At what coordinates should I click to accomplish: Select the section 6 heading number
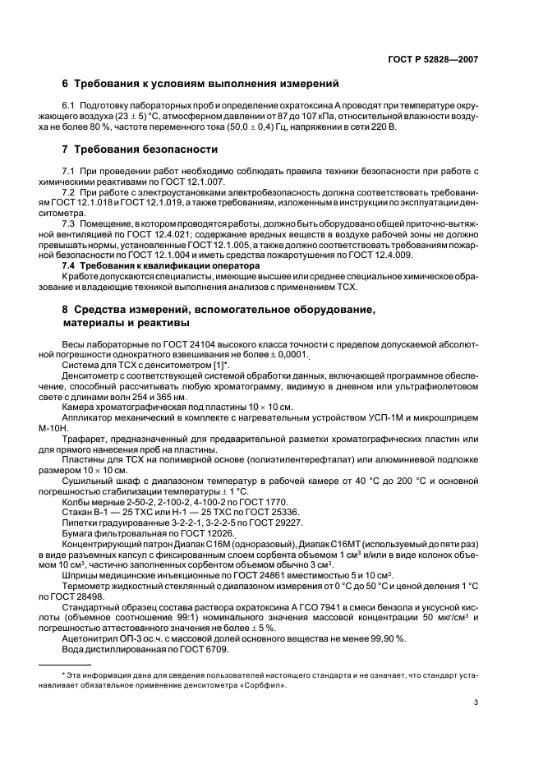tap(66, 84)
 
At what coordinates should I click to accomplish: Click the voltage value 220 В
tap(380, 128)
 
